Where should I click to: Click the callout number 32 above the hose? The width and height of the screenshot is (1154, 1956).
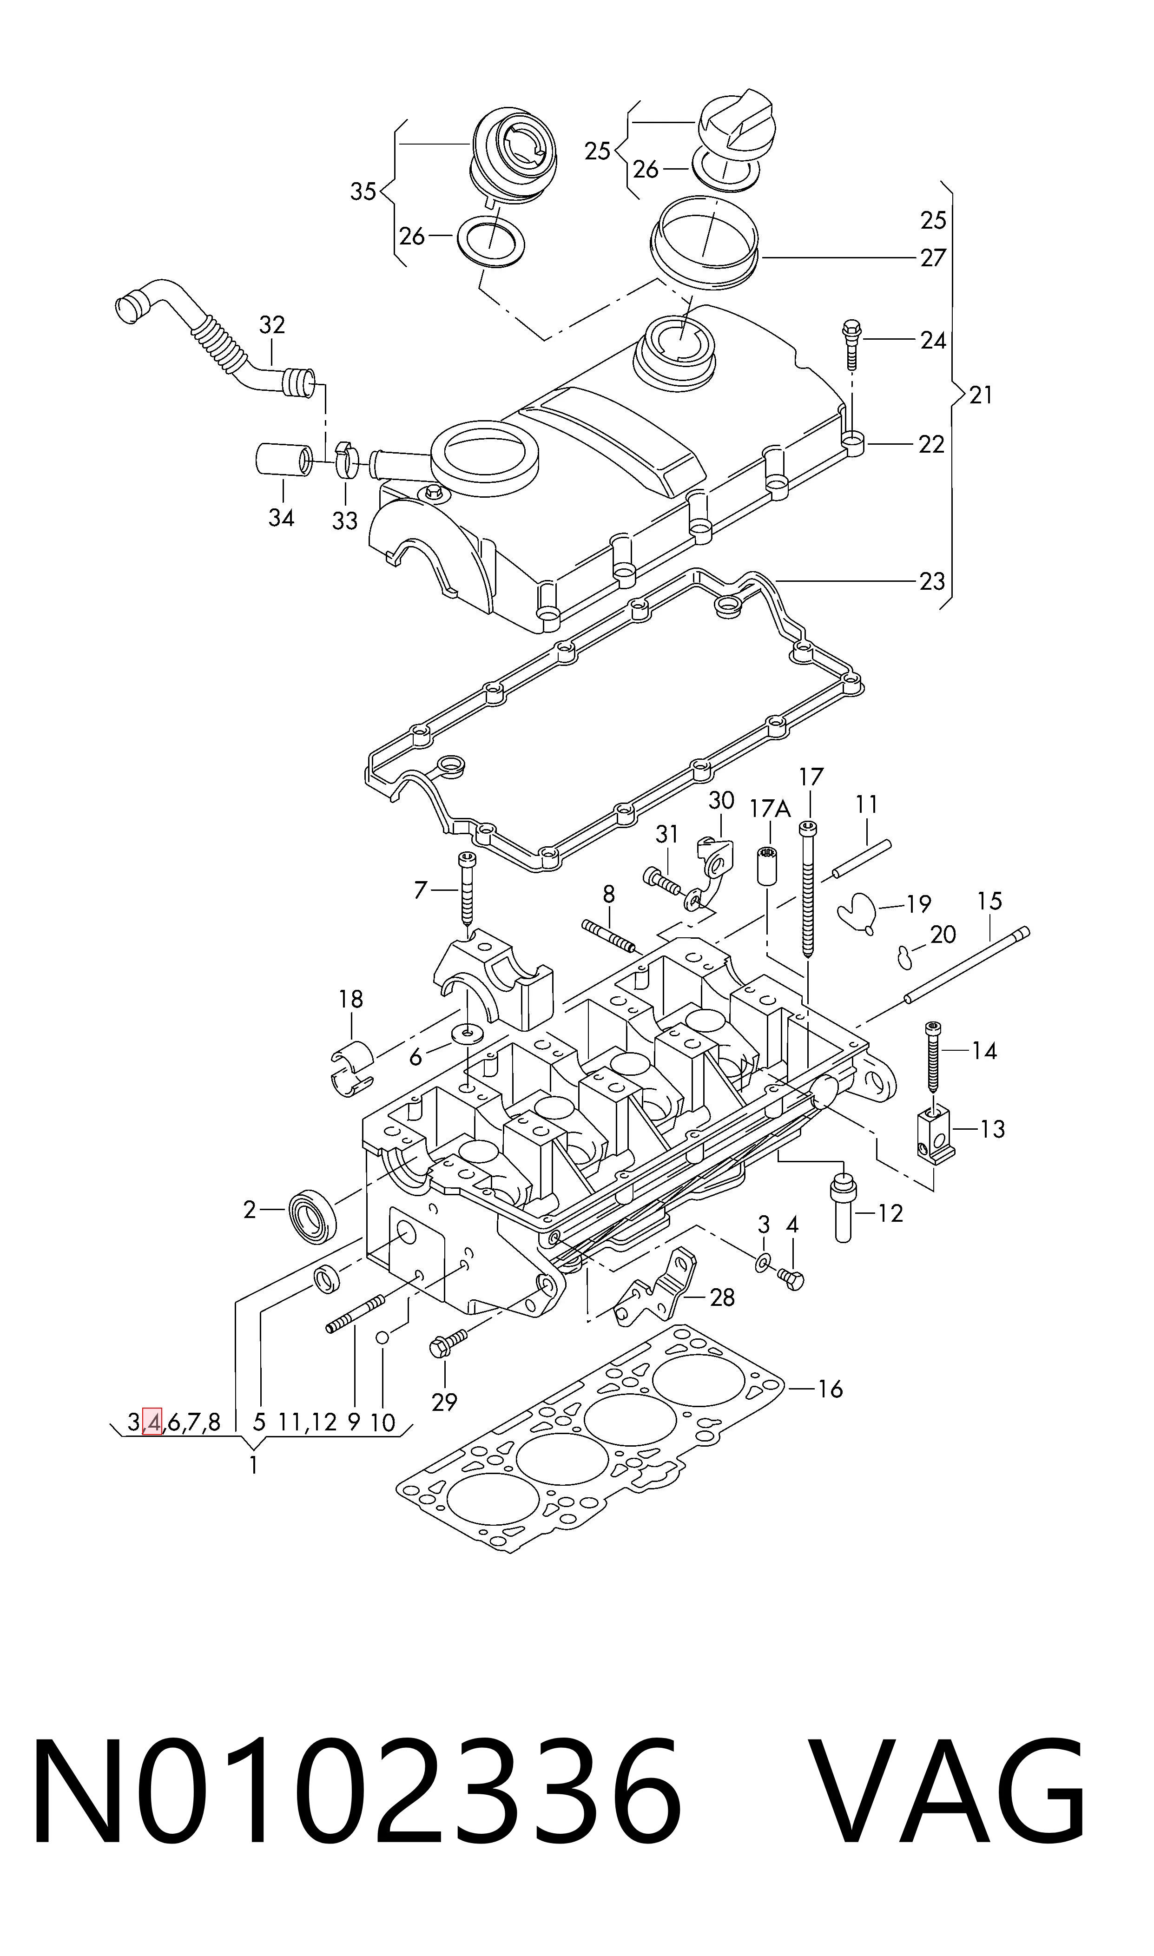[272, 325]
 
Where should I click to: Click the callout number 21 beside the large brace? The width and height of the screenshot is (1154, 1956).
[982, 396]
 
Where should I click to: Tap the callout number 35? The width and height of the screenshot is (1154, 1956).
[363, 191]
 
